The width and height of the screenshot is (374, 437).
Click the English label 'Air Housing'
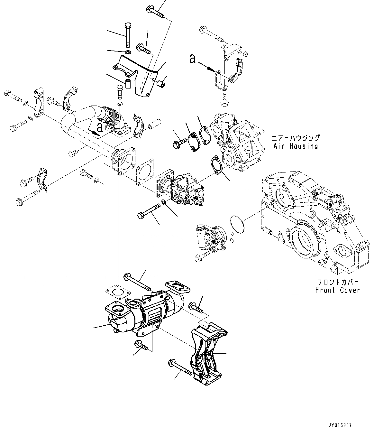click(x=295, y=146)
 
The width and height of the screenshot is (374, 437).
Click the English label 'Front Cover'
click(x=337, y=290)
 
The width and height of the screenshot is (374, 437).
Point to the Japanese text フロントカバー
click(x=337, y=282)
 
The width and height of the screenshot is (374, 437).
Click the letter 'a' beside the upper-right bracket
click(x=192, y=59)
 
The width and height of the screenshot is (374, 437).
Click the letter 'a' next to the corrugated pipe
click(x=100, y=128)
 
